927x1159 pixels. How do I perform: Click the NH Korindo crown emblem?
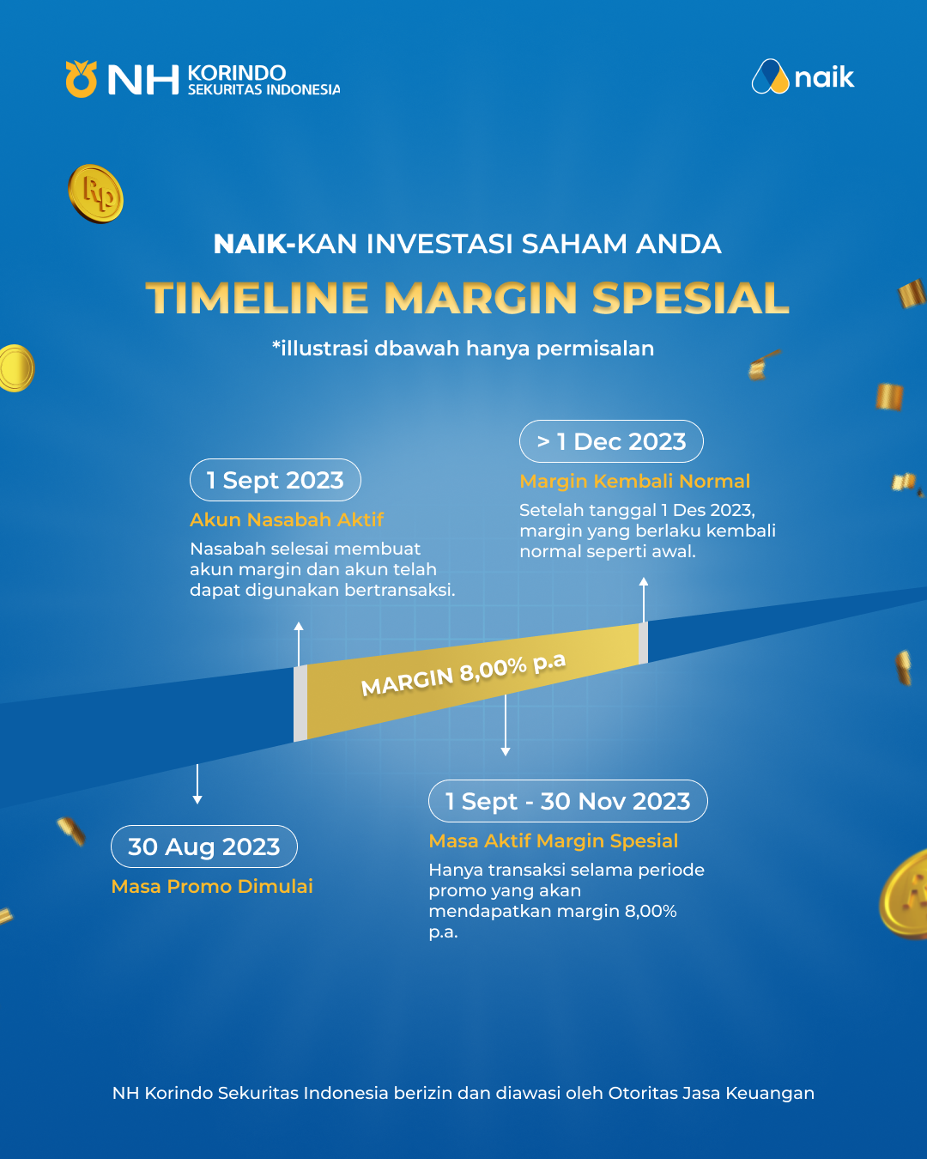pos(82,79)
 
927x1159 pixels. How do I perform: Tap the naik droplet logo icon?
pos(771,76)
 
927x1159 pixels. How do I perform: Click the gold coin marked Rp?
pos(96,194)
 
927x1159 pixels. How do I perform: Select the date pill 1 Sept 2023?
pos(276,480)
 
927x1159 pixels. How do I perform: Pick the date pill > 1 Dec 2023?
pos(611,441)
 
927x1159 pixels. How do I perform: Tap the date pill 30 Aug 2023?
pos(204,846)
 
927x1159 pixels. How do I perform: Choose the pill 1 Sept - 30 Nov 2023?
pos(568,801)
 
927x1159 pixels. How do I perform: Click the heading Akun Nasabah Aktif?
pos(287,519)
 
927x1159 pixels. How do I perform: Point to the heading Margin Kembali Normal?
pos(634,481)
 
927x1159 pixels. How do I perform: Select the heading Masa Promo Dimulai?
pos(212,886)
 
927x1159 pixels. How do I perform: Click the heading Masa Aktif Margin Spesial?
pos(553,840)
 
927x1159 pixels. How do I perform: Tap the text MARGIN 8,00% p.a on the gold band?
pos(463,673)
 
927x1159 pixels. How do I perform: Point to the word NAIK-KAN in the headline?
pos(285,244)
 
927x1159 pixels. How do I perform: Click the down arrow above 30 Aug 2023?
pos(197,784)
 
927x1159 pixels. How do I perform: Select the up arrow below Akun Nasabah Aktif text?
pos(299,644)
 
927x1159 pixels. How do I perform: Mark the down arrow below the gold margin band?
pos(506,725)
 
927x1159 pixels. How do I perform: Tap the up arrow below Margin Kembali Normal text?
pos(643,600)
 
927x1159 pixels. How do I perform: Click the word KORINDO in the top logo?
pos(236,73)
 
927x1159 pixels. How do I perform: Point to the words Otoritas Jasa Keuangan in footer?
pos(711,1093)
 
